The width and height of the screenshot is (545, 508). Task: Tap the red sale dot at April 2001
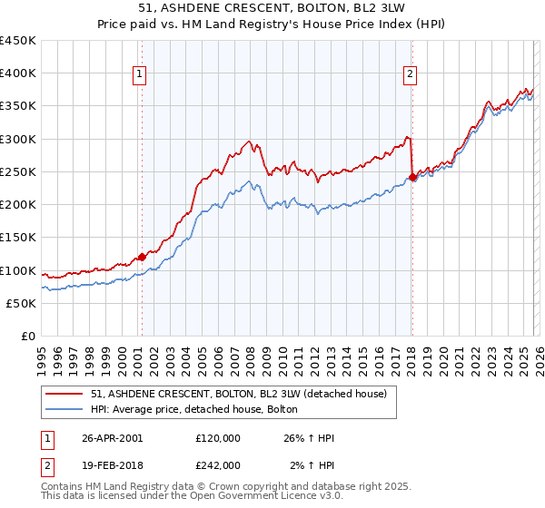(x=143, y=257)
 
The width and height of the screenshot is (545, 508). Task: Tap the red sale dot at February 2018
(x=412, y=177)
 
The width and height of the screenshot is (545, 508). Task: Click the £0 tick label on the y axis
(x=27, y=336)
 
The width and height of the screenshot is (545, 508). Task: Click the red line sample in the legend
(x=65, y=394)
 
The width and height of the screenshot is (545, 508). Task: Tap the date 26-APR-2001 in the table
(x=112, y=438)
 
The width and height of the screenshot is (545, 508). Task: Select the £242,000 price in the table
(x=218, y=464)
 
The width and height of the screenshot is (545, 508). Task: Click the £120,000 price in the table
(x=218, y=438)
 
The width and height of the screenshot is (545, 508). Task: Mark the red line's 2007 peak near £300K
(x=248, y=142)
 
